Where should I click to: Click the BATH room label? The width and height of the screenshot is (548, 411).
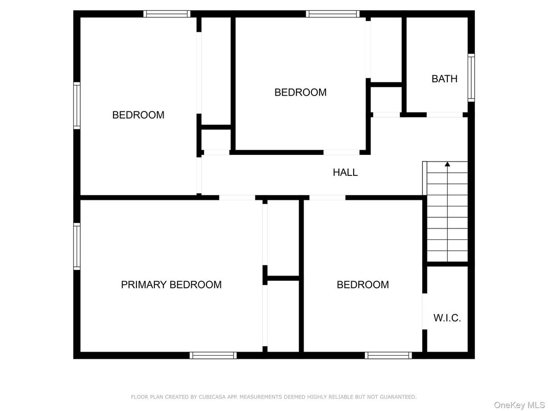point(445,79)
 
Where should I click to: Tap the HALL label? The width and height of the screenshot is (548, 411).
point(345,172)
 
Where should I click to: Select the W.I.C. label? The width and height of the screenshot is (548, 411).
point(447,317)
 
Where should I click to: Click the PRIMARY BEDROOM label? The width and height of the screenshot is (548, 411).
point(171,285)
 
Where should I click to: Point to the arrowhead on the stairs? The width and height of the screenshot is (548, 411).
point(447,164)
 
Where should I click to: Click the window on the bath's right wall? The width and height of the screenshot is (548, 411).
point(471,78)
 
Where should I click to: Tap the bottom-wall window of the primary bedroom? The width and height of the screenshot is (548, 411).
point(213,355)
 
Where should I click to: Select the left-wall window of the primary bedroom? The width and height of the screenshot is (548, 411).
point(77,246)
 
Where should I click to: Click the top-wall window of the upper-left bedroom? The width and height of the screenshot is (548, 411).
point(167,14)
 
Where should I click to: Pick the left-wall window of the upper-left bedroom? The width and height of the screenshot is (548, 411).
point(77,105)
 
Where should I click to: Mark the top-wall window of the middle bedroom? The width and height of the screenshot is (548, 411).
point(333,14)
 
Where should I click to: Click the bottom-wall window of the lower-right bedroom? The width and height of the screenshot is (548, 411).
point(389,355)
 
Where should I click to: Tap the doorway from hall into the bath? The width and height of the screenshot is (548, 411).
point(445,115)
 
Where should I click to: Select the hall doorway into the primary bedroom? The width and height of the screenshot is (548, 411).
point(237,197)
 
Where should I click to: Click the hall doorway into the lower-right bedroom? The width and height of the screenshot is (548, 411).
point(328,197)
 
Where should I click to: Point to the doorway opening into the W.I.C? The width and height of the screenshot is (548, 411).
point(425,311)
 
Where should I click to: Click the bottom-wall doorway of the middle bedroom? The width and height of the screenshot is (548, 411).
point(341,152)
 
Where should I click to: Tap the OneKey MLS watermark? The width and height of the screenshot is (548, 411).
point(519,405)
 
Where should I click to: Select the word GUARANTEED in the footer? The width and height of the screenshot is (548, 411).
point(398,397)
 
